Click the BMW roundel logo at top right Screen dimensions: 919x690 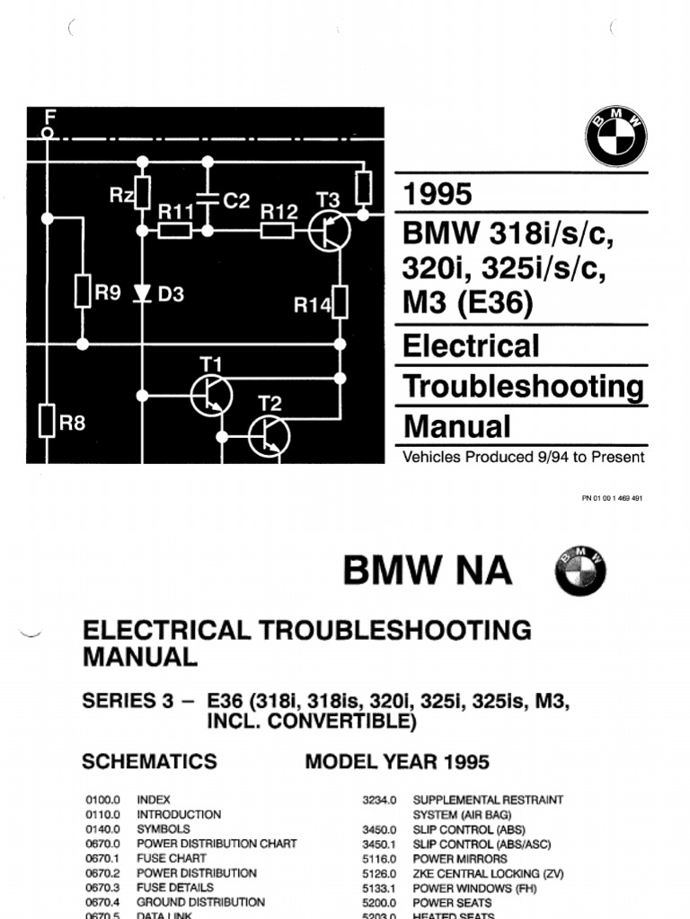(x=616, y=136)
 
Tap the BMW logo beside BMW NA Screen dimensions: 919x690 (x=580, y=571)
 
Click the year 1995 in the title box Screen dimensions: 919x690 (x=438, y=195)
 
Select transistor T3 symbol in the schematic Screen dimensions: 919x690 (x=329, y=231)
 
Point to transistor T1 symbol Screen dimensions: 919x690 (x=212, y=395)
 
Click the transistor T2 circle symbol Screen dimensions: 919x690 (x=270, y=436)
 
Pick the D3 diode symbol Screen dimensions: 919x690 (x=142, y=294)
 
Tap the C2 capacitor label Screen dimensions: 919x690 (x=235, y=202)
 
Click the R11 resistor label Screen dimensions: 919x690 (x=177, y=212)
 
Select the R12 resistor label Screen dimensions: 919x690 (x=279, y=212)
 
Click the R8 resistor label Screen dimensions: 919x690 (x=73, y=423)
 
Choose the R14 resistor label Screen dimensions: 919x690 (x=313, y=305)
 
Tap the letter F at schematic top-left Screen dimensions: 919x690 (x=50, y=116)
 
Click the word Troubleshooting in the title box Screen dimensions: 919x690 (x=524, y=387)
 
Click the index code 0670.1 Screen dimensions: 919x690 (x=102, y=858)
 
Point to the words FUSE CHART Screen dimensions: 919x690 (x=172, y=858)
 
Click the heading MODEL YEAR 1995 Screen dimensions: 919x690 (x=397, y=762)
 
